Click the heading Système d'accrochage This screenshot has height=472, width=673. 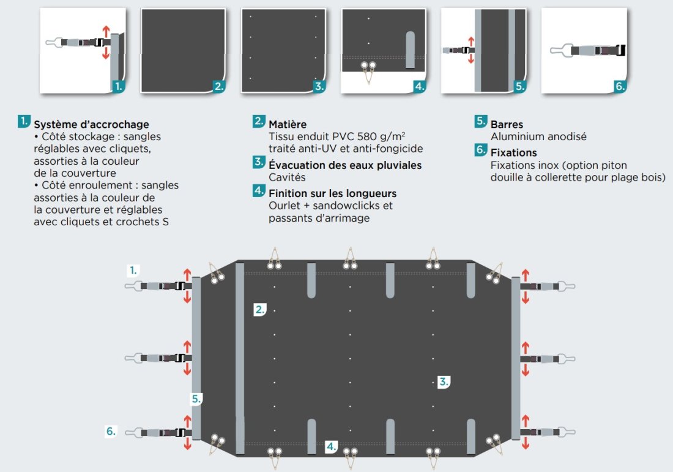click(91, 125)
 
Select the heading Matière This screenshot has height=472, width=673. click(288, 125)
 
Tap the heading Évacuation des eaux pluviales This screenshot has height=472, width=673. click(345, 165)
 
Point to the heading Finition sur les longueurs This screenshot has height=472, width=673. click(332, 193)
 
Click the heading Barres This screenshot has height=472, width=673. click(507, 125)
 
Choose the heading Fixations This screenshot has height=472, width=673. click(513, 152)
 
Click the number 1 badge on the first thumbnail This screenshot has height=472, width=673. click(119, 86)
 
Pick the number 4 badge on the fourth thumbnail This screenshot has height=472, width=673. click(419, 86)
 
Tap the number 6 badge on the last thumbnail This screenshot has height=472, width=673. click(620, 86)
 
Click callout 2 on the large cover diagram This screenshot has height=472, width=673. click(260, 310)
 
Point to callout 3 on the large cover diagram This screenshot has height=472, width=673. click(444, 382)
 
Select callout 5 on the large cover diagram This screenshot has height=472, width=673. click(196, 399)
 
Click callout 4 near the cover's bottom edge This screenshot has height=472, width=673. click(332, 446)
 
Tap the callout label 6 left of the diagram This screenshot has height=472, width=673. click(111, 431)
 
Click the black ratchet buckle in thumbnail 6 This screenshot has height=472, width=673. click(620, 51)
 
